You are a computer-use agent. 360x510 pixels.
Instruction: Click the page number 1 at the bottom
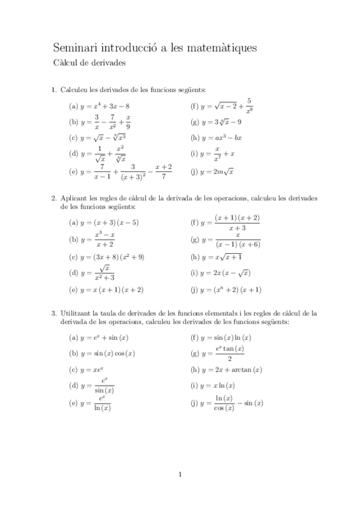pyautogui.click(x=180, y=475)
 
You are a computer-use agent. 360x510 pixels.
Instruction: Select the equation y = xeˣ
pyautogui.click(x=93, y=369)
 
